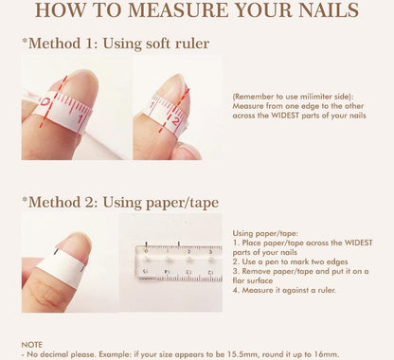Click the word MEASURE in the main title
(179, 10)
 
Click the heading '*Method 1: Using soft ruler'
(116, 44)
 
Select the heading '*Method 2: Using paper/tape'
(120, 203)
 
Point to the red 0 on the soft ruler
(45, 102)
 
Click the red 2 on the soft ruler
(176, 121)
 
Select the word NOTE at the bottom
(31, 345)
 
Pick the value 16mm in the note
(328, 354)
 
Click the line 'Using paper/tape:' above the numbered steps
(265, 234)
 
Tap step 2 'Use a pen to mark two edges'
(290, 261)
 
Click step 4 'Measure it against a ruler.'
(284, 290)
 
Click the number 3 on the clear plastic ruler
(210, 252)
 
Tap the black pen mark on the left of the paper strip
(56, 252)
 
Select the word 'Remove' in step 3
(253, 271)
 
